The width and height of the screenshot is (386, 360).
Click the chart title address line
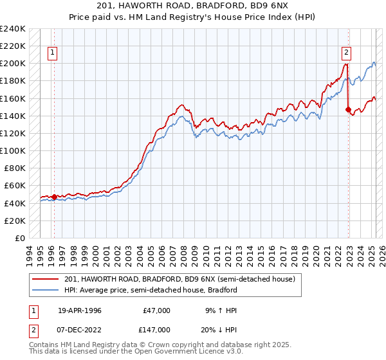pos(192,6)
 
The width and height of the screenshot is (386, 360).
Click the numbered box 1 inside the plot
pos(52,53)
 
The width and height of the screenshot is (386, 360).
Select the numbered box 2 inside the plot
pos(346,53)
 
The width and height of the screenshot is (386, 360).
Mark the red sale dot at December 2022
pos(348,110)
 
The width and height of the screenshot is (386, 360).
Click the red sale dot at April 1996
pos(54,197)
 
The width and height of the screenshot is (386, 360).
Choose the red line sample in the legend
pos(46,279)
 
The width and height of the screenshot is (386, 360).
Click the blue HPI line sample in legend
pos(46,290)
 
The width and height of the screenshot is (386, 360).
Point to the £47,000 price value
pos(156,310)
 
